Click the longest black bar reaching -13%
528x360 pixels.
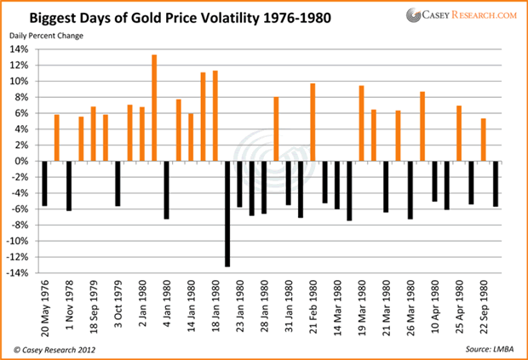227,214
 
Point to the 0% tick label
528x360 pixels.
28,161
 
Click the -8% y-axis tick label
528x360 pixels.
26,226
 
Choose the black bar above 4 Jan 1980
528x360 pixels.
167,190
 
